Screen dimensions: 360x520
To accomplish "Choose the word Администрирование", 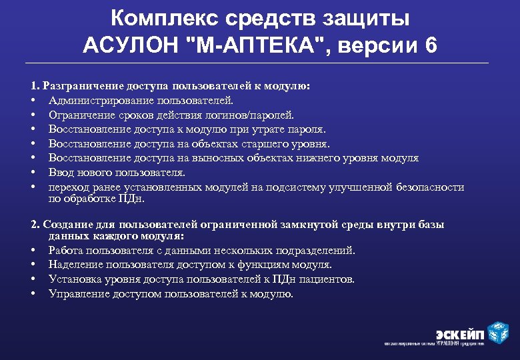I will [102, 100].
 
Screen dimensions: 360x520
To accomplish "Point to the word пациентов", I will [329, 279].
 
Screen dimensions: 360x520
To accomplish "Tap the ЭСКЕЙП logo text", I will [459, 333].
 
